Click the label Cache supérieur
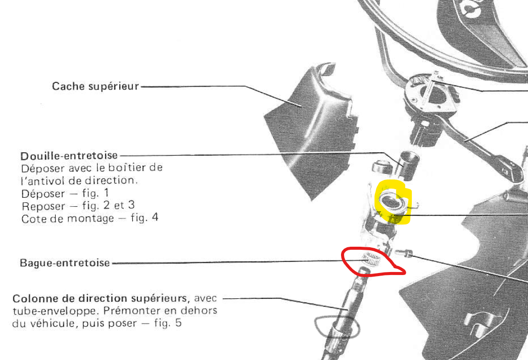(95, 86)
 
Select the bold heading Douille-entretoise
(69, 155)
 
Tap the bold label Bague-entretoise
(65, 263)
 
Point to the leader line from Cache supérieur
(202, 86)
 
